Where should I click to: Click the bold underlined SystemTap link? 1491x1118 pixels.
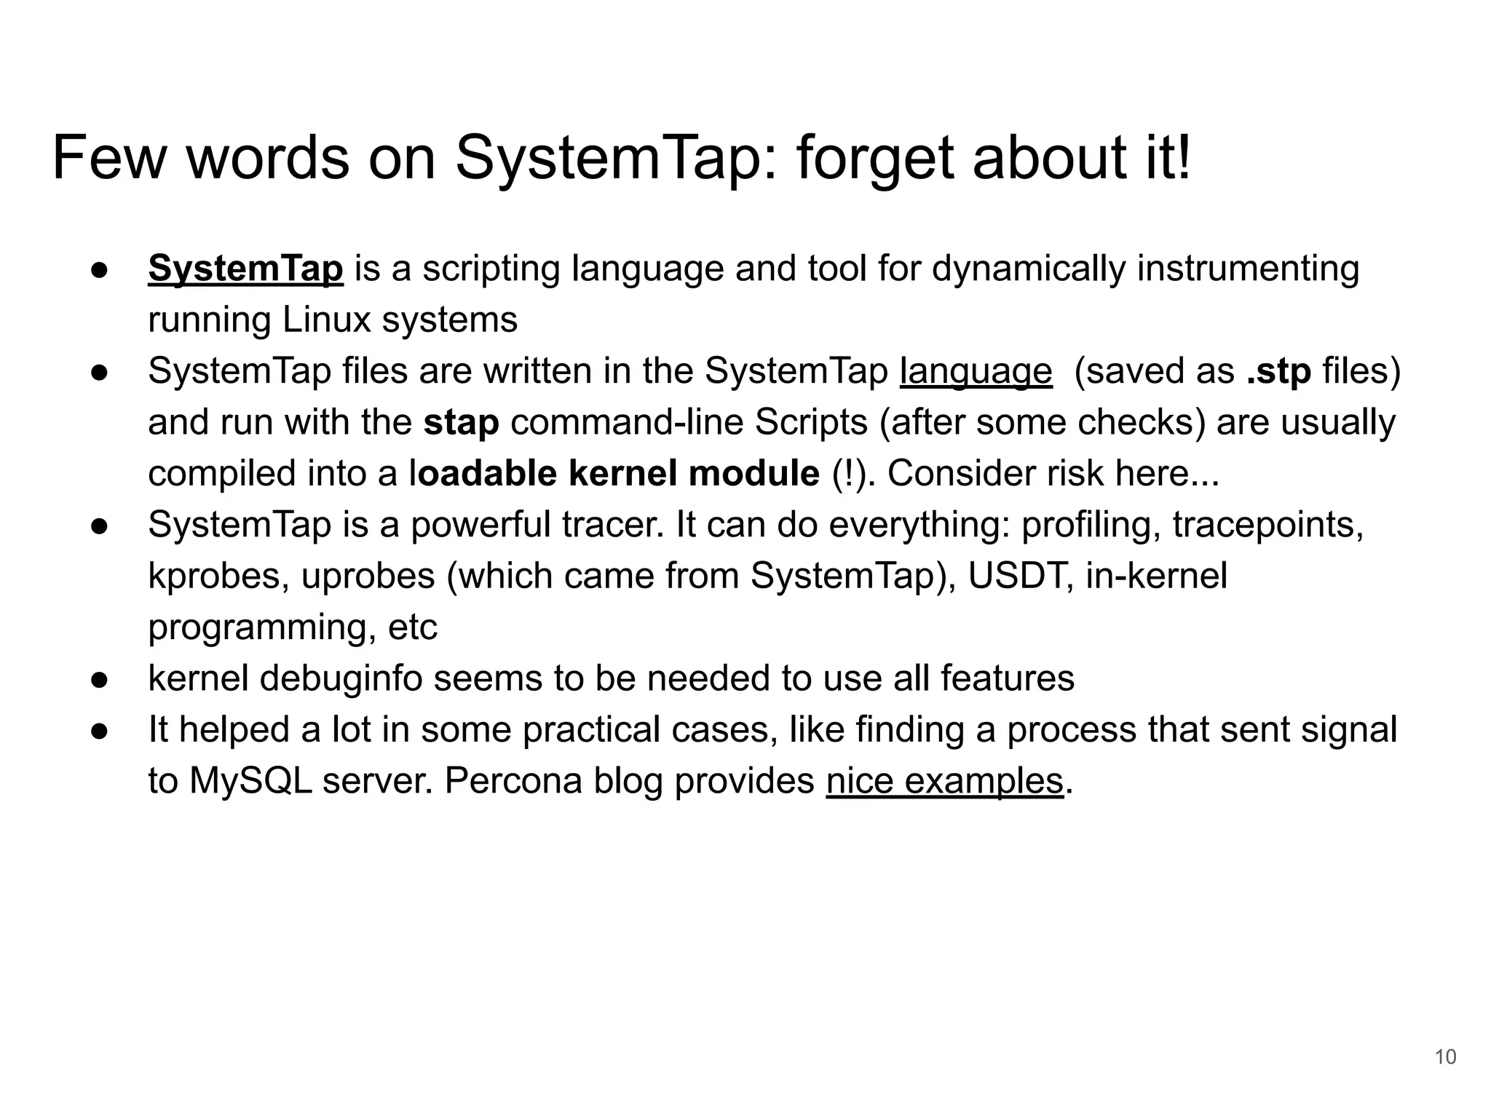click(x=245, y=269)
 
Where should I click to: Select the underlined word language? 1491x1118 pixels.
click(x=976, y=372)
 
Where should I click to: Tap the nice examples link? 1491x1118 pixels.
click(x=944, y=782)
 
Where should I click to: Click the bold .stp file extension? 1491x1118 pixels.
click(x=1278, y=371)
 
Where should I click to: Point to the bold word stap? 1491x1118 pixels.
click(x=461, y=423)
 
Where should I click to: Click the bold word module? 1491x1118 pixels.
click(x=754, y=474)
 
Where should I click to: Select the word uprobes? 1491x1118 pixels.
click(x=368, y=576)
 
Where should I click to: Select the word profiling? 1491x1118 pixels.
click(x=1091, y=525)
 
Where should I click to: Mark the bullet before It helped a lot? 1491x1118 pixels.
click(x=100, y=731)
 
